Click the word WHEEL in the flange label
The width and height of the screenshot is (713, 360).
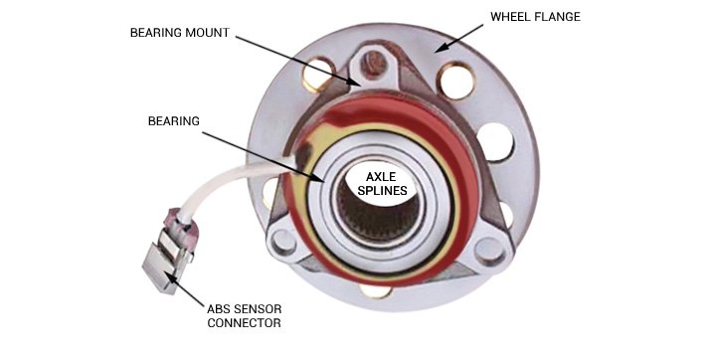[512, 18]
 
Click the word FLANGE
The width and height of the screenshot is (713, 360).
[561, 18]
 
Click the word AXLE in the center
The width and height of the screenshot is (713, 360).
[381, 176]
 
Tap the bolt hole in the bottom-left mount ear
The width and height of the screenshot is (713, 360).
[282, 241]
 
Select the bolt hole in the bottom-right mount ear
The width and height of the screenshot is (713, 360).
[488, 247]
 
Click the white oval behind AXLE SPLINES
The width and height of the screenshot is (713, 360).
[381, 183]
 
